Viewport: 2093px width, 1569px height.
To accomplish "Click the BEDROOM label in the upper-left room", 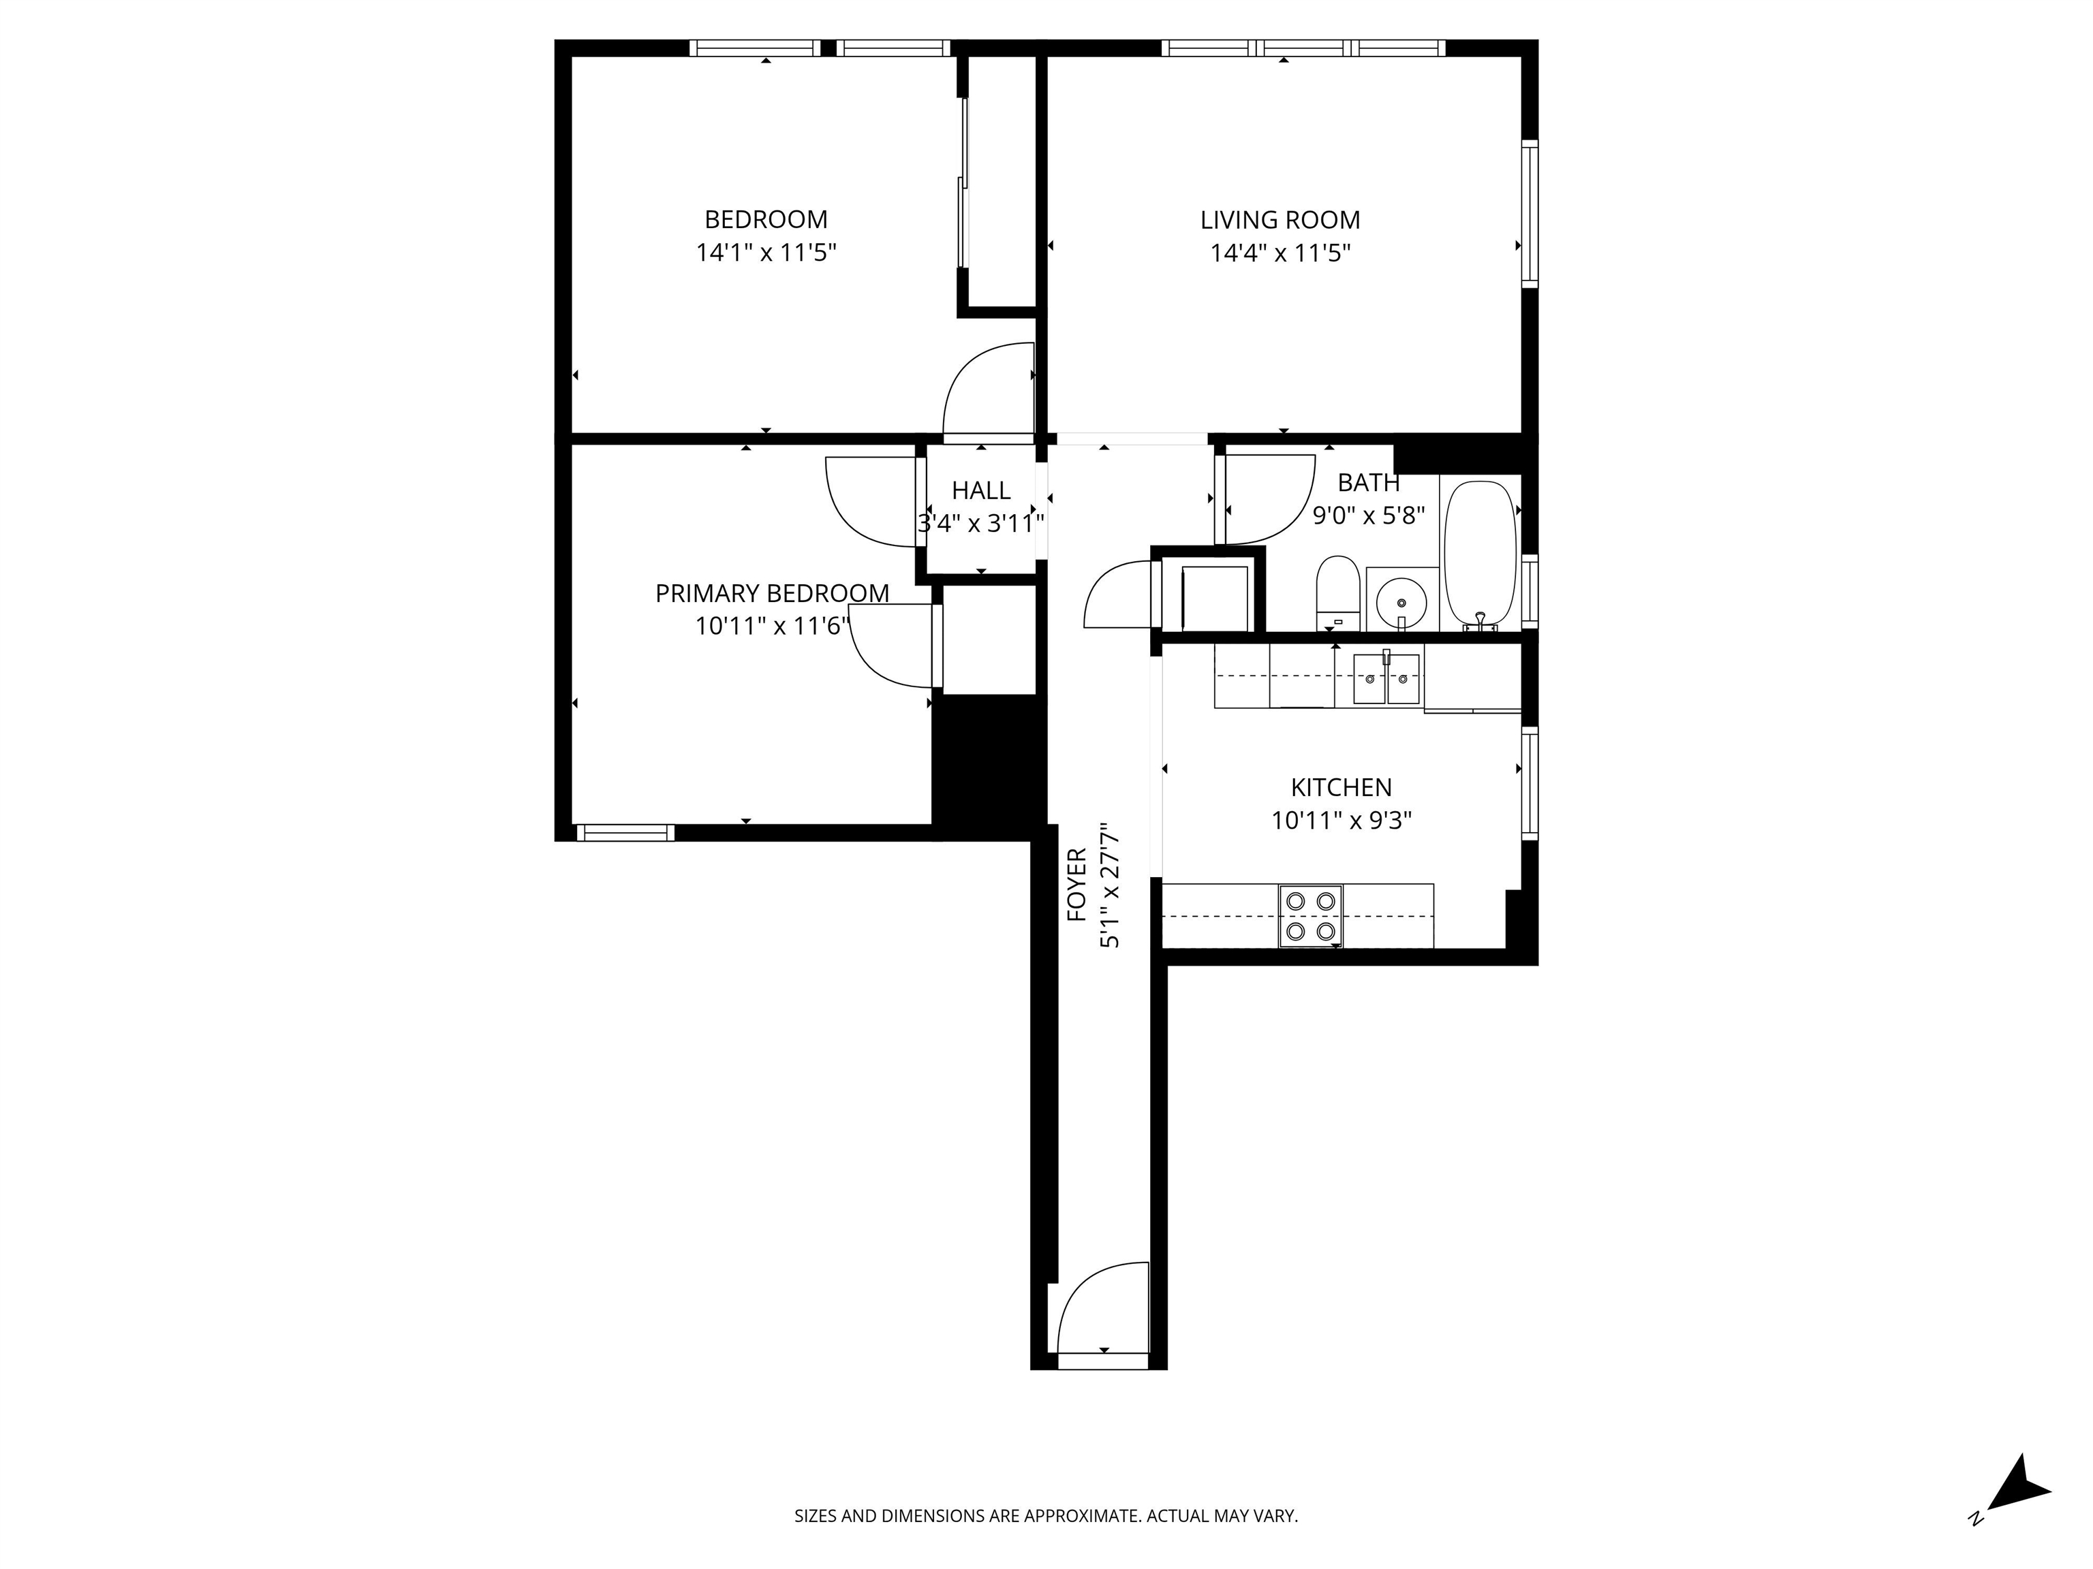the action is point(766,219).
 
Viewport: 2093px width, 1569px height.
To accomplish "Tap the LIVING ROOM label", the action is point(1280,221).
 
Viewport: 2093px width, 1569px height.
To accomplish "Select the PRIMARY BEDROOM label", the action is point(772,593).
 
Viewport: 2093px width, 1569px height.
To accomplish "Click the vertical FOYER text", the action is point(1076,885).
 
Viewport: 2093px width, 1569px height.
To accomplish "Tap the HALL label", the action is point(981,490).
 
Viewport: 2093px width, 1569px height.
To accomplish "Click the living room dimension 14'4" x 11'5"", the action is point(1280,253).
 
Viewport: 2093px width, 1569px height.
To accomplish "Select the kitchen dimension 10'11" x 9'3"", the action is point(1341,820).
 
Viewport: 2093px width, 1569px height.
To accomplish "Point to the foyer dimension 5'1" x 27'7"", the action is point(1109,885).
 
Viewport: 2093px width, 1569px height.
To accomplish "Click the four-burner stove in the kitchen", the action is point(1310,915).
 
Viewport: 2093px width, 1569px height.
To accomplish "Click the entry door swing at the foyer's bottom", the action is point(1103,1309).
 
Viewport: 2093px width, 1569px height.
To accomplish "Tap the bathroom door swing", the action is point(1266,499).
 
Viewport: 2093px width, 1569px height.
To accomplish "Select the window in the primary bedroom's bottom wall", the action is point(625,832).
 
